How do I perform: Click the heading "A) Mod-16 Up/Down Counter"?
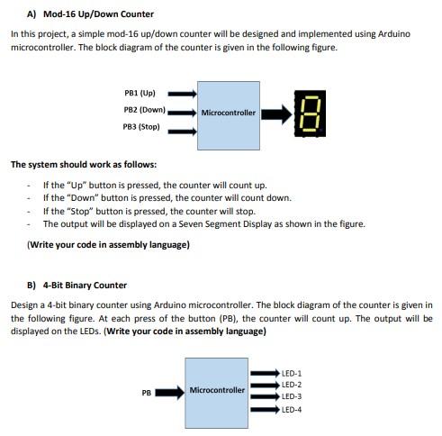coord(91,14)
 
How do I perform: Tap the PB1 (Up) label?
coord(140,93)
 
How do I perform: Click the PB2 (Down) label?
coord(144,110)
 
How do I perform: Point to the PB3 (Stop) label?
coord(141,127)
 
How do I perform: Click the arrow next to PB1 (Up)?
coord(182,93)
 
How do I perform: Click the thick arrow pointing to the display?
coord(276,114)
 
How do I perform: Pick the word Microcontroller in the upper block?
coord(229,114)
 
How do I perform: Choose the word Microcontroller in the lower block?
coord(217,391)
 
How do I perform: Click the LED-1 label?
coord(292,372)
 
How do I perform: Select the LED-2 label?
coord(292,385)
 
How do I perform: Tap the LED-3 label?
coord(292,396)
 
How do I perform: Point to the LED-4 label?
coord(292,410)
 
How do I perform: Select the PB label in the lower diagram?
coord(146,393)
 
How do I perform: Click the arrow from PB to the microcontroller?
coord(171,393)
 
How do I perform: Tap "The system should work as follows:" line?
coord(83,165)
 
